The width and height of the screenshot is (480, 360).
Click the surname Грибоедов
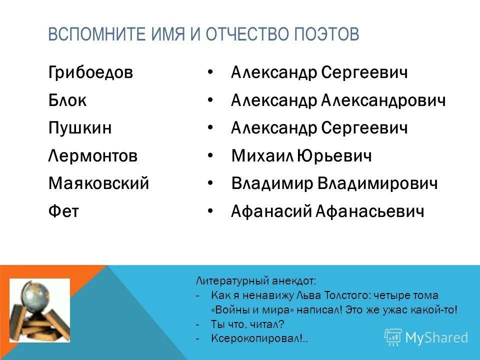click(91, 73)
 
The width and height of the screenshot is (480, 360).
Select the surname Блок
click(67, 100)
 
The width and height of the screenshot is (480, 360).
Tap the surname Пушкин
click(80, 128)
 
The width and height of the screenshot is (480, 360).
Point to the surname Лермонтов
click(93, 156)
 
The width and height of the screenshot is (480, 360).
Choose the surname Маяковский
click(99, 183)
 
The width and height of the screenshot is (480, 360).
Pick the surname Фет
click(63, 211)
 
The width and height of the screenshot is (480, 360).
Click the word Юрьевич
click(334, 156)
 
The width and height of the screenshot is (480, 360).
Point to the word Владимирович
click(377, 183)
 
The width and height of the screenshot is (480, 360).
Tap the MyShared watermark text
click(436, 337)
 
